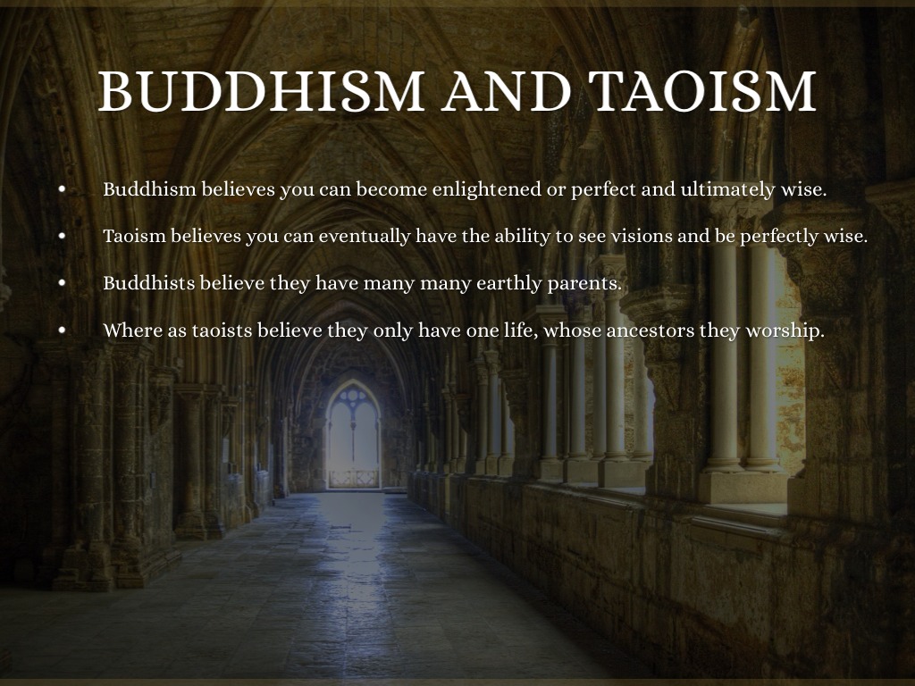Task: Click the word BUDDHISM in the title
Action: click(x=261, y=91)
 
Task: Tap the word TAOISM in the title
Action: click(x=702, y=91)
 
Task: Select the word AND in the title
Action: click(x=506, y=91)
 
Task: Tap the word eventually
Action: click(x=365, y=237)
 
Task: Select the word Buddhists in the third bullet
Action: click(x=149, y=283)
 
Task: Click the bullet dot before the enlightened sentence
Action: click(x=63, y=189)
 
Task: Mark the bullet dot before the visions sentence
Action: click(x=63, y=236)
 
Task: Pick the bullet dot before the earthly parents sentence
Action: click(x=63, y=283)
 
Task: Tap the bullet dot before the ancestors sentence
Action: click(x=63, y=330)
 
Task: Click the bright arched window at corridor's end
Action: click(x=353, y=435)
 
